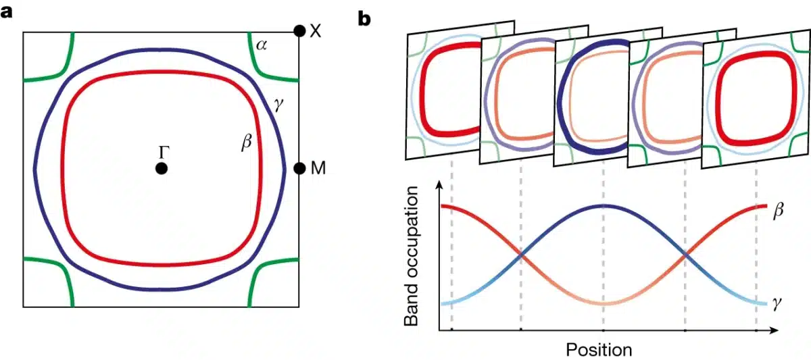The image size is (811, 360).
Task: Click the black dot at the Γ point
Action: tap(161, 168)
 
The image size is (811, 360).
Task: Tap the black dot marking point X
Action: tap(299, 31)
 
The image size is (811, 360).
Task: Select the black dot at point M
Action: tap(299, 168)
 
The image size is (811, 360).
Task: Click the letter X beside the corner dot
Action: tap(315, 31)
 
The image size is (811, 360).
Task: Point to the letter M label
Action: tap(318, 168)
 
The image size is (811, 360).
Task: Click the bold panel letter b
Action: tap(364, 19)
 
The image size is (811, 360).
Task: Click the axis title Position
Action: tap(598, 349)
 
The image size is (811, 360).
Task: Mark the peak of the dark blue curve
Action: tap(604, 205)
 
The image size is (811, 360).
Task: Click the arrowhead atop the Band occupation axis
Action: tap(440, 184)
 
